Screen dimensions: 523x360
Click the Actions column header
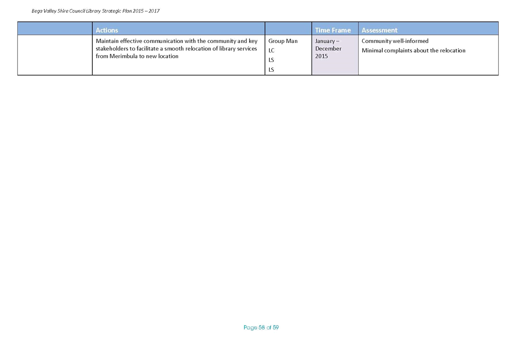107,30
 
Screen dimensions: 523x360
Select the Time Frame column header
333,30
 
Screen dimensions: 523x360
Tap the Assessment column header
379,30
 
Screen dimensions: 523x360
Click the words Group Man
283,41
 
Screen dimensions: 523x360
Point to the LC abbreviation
271,51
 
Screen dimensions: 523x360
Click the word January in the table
325,41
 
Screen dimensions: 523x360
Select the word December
328,49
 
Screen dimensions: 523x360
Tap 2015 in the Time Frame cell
321,56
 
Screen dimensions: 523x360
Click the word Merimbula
123,56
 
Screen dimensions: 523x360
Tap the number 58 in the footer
262,328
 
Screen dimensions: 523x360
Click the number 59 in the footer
276,328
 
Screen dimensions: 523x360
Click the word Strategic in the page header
112,11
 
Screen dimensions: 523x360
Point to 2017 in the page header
154,11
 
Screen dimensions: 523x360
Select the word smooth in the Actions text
173,49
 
